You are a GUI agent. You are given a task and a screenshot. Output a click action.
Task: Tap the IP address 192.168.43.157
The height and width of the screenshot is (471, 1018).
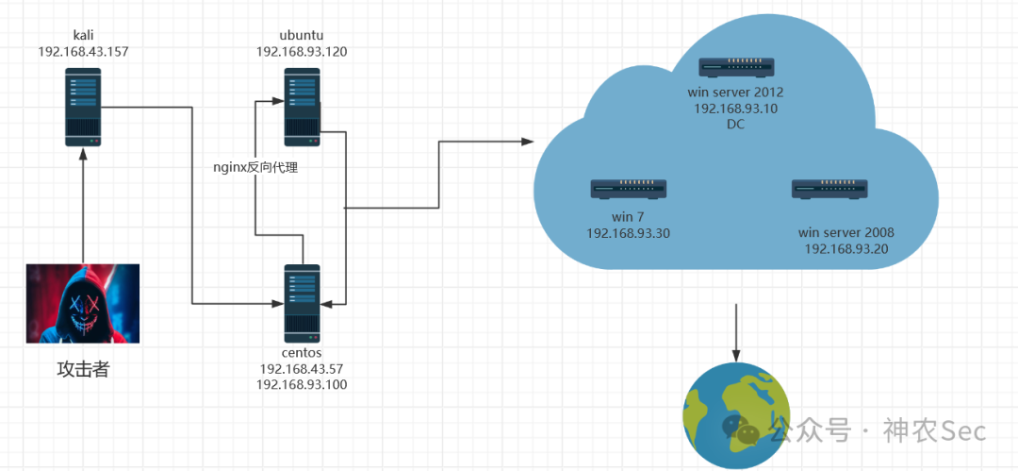83,51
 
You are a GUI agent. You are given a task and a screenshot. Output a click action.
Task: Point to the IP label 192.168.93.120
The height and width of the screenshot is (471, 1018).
302,52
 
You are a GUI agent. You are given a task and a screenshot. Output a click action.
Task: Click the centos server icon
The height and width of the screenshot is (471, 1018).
303,303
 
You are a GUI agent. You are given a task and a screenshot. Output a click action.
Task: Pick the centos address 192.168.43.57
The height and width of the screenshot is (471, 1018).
302,369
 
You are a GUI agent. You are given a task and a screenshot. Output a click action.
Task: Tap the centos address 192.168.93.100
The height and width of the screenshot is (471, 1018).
302,384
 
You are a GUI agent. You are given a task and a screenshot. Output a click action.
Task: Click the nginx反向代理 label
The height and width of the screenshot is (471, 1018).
255,167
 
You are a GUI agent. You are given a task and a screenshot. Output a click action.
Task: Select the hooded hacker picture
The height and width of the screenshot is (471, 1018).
83,303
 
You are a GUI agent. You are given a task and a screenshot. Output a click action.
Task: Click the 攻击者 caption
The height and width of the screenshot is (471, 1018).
83,369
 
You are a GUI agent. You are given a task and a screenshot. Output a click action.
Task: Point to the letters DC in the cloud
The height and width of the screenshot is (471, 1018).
736,124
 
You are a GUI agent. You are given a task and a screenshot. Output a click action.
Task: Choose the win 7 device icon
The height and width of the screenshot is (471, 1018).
629,189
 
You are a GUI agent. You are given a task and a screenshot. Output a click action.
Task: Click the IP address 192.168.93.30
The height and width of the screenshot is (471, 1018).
628,233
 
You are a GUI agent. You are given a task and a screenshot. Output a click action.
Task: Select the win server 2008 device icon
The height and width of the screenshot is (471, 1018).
830,189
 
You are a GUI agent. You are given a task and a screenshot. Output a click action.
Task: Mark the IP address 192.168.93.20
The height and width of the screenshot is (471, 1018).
846,248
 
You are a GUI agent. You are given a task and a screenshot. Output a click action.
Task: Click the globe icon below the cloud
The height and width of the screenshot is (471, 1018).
736,413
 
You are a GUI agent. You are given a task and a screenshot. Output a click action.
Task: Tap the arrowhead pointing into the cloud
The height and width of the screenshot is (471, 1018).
528,142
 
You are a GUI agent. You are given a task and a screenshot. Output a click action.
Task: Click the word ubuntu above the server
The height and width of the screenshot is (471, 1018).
302,37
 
